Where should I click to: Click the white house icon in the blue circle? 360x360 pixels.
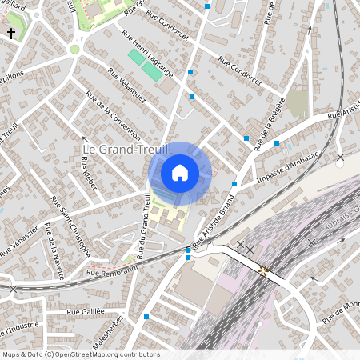180,173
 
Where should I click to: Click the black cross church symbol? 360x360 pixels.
11,33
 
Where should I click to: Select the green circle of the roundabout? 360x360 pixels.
75,49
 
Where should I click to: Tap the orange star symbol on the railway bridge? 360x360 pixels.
263,270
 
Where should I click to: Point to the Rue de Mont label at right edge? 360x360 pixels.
340,310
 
